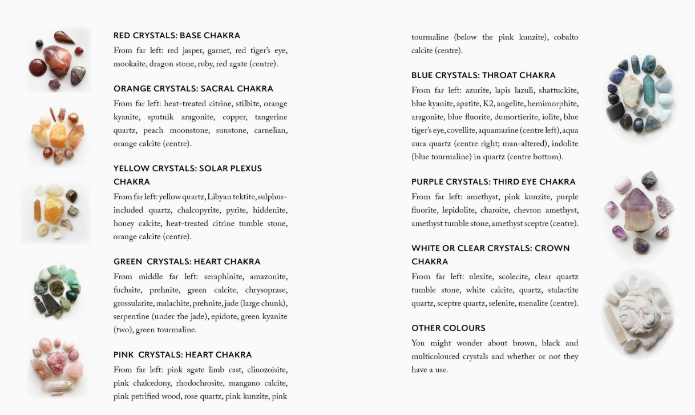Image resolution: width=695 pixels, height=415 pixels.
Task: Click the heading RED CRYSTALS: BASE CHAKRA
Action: [x=176, y=35]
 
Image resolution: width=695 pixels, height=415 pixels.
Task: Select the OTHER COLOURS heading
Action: [x=448, y=328]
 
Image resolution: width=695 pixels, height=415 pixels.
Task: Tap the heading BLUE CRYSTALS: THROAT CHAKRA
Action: [x=483, y=75]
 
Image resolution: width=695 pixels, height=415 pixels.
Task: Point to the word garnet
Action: [x=219, y=50]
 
